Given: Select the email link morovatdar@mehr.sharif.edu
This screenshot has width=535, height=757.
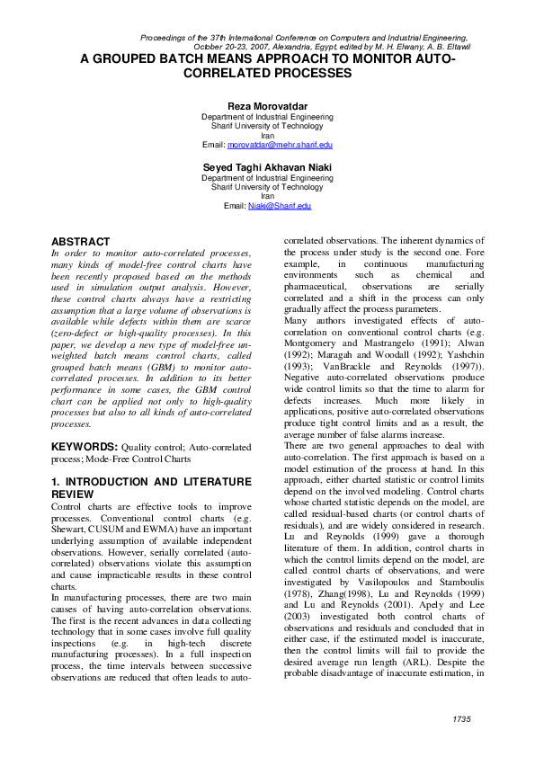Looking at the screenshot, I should point(280,144).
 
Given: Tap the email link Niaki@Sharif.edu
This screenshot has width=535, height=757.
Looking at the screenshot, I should point(280,206).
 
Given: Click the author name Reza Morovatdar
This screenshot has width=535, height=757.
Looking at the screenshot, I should point(267,106).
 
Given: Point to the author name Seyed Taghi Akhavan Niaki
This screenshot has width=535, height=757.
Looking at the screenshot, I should point(267,167).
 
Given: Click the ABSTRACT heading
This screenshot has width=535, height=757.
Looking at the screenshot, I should point(81,242).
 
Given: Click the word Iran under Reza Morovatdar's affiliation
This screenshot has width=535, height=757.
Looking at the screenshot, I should point(267,135).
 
